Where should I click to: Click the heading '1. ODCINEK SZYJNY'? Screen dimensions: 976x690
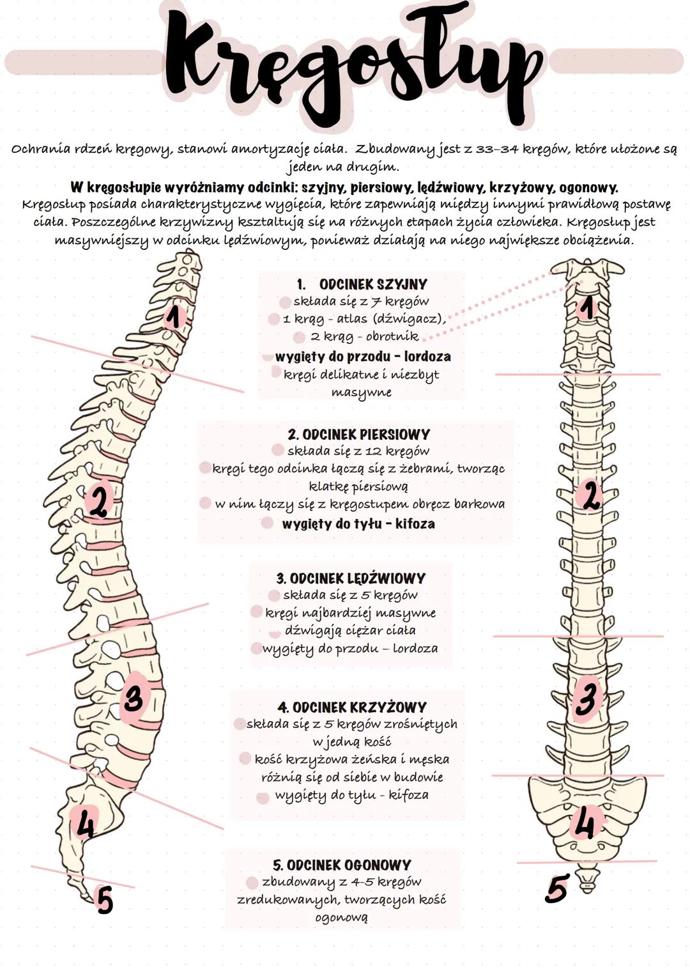[x=362, y=284]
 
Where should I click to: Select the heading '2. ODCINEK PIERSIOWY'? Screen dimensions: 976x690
[x=358, y=435]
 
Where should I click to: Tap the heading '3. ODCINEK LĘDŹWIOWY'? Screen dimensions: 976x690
[x=351, y=578]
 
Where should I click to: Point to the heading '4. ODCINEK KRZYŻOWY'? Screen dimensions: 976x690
[x=352, y=708]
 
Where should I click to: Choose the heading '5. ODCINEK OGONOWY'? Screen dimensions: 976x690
[x=342, y=865]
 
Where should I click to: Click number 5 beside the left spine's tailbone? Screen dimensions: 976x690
[x=105, y=900]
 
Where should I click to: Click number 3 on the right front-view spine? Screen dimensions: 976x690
[x=586, y=697]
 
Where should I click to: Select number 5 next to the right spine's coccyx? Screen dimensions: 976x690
[x=556, y=889]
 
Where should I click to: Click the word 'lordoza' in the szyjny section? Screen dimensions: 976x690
[x=427, y=357]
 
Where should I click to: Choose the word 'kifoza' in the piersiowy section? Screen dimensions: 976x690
[x=415, y=524]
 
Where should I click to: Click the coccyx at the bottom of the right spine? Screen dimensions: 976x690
[x=586, y=881]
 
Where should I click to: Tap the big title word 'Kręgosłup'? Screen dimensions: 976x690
[x=351, y=64]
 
